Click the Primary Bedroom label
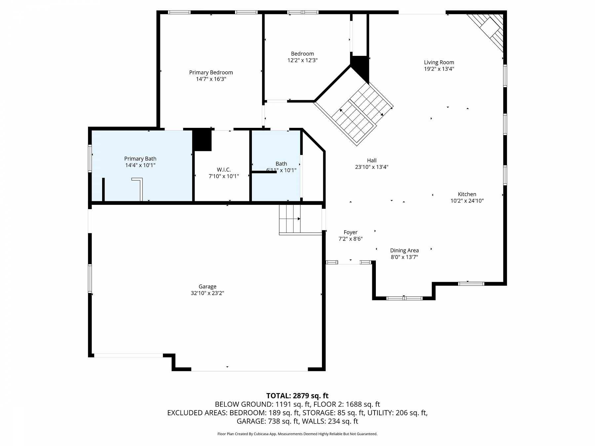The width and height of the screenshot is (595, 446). (211, 72)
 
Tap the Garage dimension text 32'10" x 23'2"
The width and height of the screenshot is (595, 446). (208, 293)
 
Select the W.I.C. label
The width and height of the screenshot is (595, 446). (224, 169)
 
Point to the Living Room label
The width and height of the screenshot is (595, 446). (439, 62)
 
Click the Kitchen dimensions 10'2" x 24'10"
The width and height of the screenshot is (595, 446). (467, 201)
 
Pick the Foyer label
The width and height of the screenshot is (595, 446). (350, 232)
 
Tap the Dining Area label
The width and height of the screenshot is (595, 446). (404, 250)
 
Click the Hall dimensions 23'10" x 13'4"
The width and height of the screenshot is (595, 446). (372, 167)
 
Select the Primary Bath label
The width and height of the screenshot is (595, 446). (140, 159)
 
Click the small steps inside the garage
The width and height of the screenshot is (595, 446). (290, 219)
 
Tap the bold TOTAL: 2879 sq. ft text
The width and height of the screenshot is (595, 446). (297, 395)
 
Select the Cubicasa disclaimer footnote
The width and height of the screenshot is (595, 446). (297, 434)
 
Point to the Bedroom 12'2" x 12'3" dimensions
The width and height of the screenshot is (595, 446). (302, 60)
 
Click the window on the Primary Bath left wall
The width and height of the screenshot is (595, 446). (90, 159)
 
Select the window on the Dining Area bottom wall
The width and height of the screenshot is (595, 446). (404, 298)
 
